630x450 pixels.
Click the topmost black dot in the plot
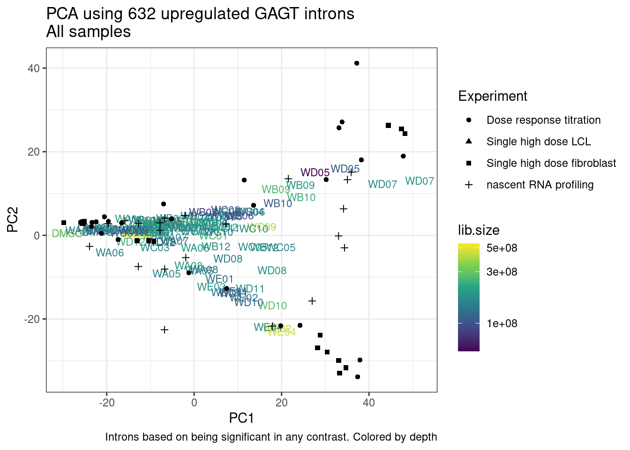(x=357, y=63)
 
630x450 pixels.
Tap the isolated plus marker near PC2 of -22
(x=165, y=330)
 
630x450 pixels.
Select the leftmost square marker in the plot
(x=64, y=223)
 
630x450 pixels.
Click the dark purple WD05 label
(x=315, y=172)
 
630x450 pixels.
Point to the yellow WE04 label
(x=282, y=332)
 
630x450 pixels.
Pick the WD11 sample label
(x=250, y=289)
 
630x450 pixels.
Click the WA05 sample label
(x=166, y=274)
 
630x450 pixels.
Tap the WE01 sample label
(x=219, y=279)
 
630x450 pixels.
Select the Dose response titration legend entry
(x=543, y=120)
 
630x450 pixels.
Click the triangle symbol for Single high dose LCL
(x=469, y=142)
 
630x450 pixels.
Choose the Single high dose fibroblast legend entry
(x=551, y=163)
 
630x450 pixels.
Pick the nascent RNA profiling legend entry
(x=540, y=185)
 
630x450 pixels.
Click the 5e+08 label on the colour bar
(x=502, y=248)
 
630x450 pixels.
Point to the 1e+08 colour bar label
(x=502, y=323)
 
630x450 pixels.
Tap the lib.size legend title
(x=479, y=230)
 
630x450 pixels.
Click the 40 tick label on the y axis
(x=34, y=68)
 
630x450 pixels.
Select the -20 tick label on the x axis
(x=106, y=403)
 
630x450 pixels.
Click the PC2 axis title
(x=13, y=219)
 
